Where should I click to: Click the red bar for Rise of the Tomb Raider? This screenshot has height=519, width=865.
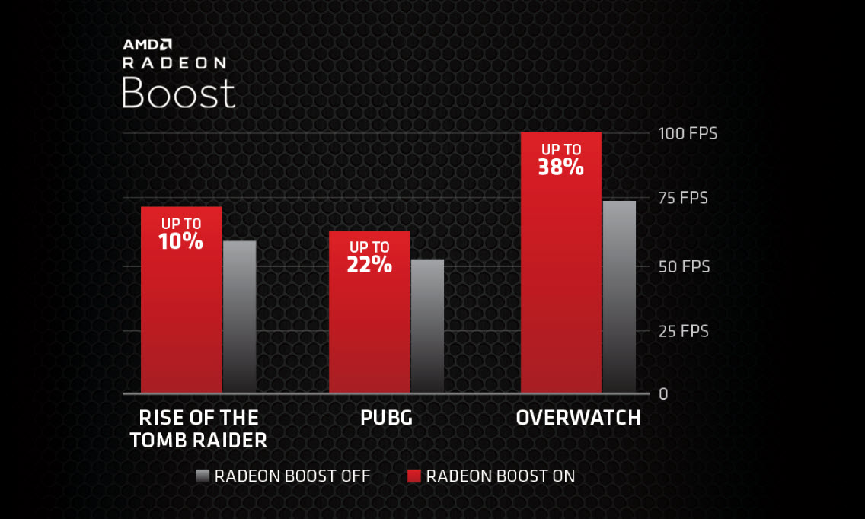pos(181,320)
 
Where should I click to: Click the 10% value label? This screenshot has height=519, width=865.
pos(181,241)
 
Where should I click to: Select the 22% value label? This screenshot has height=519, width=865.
pos(369,264)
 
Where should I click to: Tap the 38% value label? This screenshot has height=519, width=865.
pos(561,167)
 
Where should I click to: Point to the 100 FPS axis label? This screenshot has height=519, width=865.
pos(688,134)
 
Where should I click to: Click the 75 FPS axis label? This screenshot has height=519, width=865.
pos(683,199)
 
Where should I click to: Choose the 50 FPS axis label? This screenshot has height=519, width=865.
pos(683,266)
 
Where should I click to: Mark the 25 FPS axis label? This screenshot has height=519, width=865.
pos(683,331)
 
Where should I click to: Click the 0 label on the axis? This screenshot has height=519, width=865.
pos(663,393)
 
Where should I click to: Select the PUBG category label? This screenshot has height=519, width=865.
pos(386,418)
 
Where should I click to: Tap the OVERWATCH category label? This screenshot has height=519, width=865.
pos(578,418)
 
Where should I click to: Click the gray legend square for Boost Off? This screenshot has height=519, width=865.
pos(202,476)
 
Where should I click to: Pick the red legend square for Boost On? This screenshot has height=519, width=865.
pos(414,476)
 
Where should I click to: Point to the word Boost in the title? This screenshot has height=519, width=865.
pos(178,93)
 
